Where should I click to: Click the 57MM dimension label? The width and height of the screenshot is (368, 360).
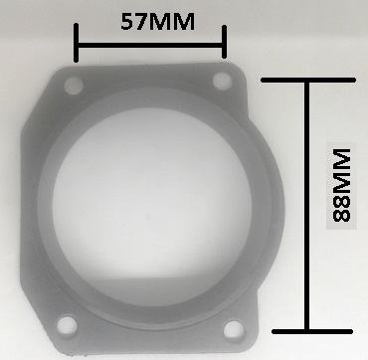[x=157, y=22]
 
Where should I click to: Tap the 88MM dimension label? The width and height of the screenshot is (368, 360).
[x=341, y=186]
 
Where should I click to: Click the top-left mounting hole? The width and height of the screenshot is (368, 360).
[x=74, y=86]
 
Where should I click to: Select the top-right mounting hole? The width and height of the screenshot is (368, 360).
[x=222, y=81]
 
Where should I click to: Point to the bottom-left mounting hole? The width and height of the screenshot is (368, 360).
[x=68, y=325]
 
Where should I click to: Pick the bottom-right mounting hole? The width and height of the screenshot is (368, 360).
[x=234, y=330]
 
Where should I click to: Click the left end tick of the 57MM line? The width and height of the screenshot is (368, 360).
[x=77, y=43]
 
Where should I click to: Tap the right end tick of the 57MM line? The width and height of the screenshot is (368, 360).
[x=224, y=42]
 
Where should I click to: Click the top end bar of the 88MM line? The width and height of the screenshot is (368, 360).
[x=308, y=80]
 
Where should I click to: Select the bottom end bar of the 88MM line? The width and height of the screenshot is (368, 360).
[x=312, y=331]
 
